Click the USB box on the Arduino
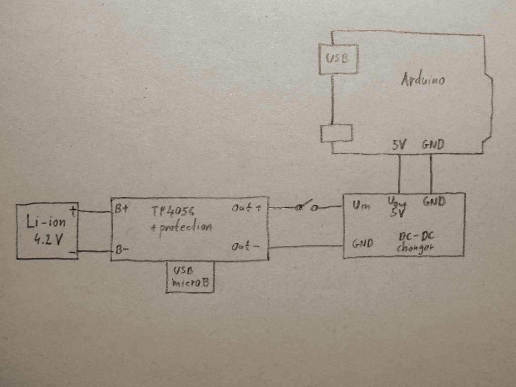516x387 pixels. [338, 58]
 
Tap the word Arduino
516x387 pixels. [423, 80]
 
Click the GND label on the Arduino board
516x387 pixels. [433, 145]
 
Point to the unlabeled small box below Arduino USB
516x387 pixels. [337, 133]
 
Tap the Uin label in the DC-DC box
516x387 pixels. [361, 206]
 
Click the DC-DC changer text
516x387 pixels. [416, 243]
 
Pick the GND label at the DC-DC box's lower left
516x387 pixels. [362, 244]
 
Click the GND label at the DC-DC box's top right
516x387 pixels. [434, 202]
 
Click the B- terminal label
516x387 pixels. [121, 249]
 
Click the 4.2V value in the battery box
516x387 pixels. [48, 239]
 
